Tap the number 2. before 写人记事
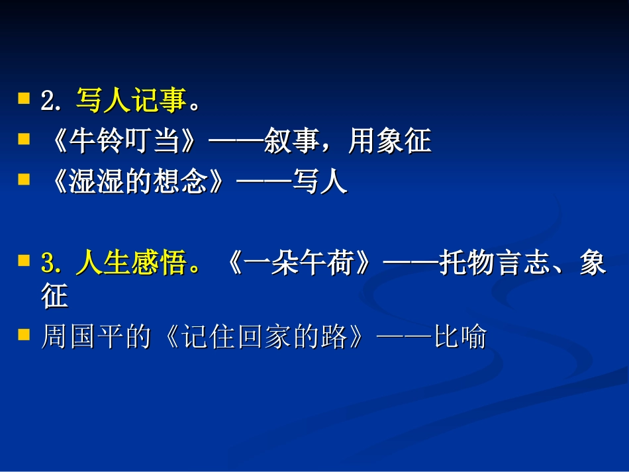[x=52, y=101]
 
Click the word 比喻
[x=460, y=338]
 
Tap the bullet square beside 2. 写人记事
[x=24, y=99]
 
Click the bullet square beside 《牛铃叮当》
[x=24, y=138]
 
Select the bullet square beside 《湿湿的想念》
[x=24, y=179]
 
